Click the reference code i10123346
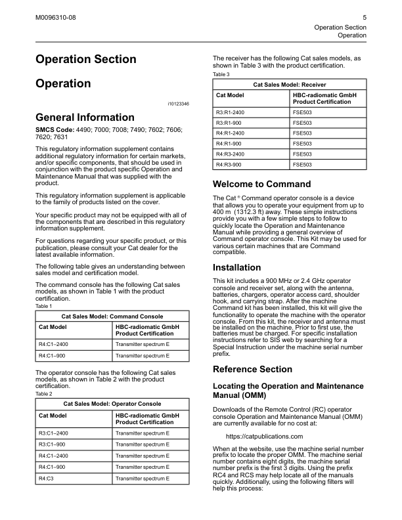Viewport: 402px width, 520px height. point(178,104)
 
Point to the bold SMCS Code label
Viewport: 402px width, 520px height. point(56,131)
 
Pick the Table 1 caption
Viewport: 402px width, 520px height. point(43,306)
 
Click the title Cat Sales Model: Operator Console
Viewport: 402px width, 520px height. point(112,403)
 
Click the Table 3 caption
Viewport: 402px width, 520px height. point(222,74)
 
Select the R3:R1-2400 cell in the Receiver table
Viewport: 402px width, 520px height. point(233,112)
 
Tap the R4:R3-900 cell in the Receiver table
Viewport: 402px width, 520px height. point(232,164)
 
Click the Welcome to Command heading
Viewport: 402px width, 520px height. point(262,184)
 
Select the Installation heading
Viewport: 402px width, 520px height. point(237,267)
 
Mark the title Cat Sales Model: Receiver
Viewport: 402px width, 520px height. point(290,85)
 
